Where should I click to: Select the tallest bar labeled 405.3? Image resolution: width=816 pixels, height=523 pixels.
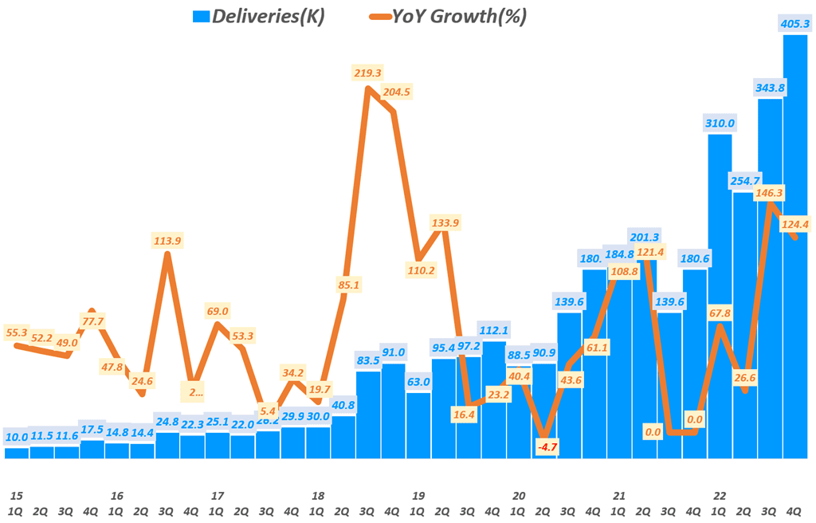tap(795, 247)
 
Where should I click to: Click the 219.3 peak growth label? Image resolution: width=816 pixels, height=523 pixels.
tap(368, 73)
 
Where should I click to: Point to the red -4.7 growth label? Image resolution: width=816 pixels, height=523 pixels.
tap(547, 447)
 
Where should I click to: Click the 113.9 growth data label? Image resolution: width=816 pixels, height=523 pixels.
tap(167, 240)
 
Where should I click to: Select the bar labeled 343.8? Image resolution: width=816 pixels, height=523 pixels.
tap(770, 279)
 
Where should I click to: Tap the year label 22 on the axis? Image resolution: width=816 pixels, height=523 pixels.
tap(719, 495)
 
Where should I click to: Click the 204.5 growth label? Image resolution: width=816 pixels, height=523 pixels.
tap(396, 92)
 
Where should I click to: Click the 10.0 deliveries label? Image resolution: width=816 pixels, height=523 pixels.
tap(17, 437)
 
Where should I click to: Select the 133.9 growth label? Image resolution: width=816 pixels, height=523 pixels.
tap(444, 222)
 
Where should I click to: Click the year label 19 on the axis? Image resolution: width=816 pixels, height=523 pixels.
tap(418, 495)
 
